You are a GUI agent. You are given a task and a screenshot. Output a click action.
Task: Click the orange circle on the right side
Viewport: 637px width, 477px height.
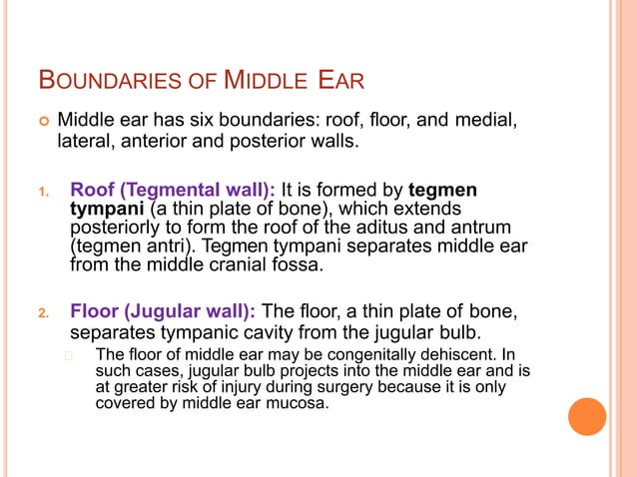point(587,416)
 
